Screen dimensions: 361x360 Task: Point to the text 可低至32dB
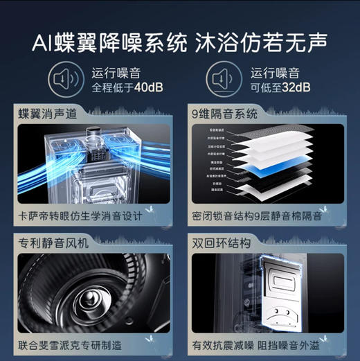[280, 87]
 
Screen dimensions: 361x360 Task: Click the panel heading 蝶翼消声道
[45, 114]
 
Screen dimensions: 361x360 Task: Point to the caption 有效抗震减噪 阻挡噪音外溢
[266, 344]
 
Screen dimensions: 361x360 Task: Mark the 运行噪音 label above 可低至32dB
[275, 71]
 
